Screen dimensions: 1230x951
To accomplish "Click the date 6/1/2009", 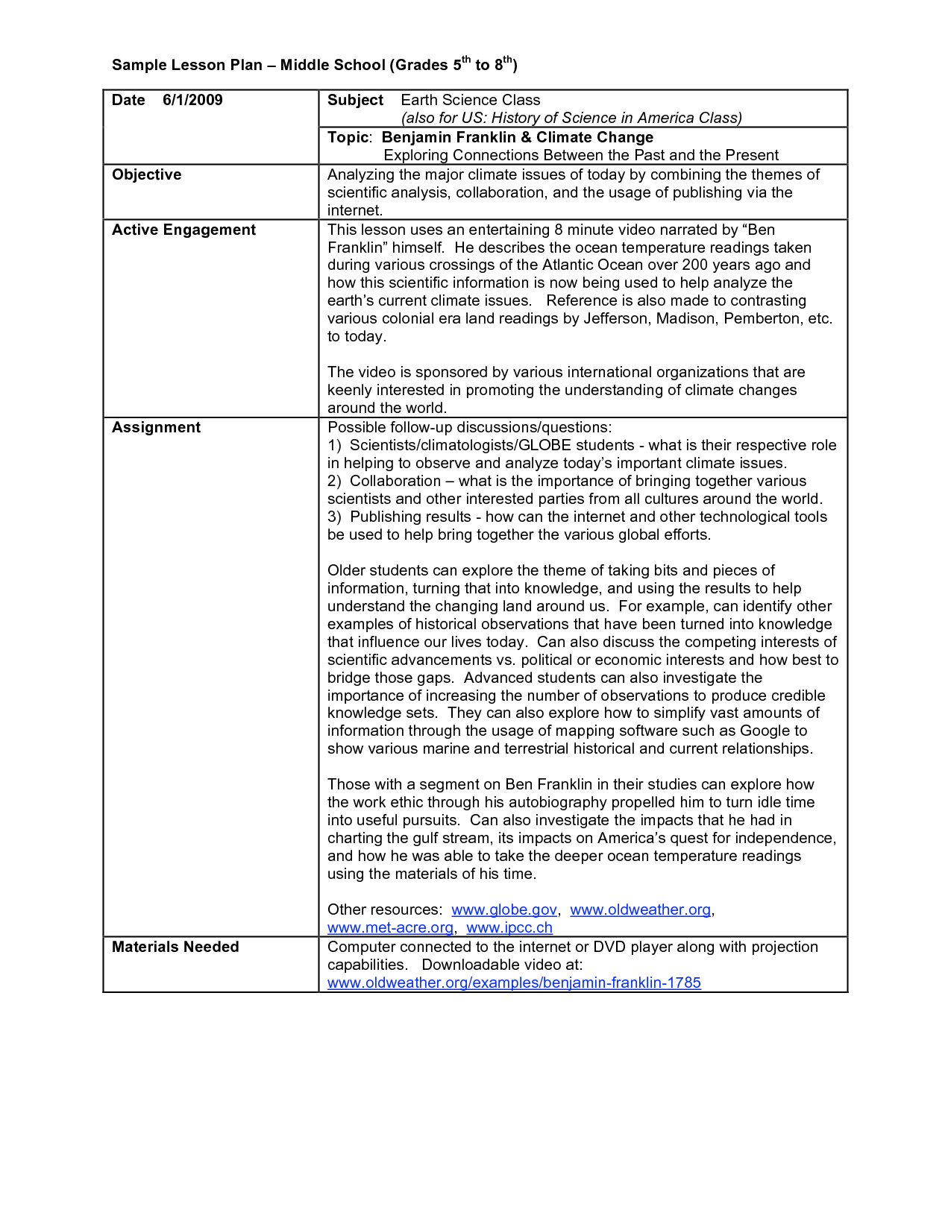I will point(192,101).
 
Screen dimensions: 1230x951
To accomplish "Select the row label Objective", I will point(147,175).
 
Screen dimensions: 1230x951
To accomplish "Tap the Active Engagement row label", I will point(183,230).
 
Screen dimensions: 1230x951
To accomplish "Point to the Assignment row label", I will point(156,428).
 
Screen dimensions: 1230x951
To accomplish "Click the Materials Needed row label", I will point(175,947).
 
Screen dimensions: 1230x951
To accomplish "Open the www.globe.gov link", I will point(504,910).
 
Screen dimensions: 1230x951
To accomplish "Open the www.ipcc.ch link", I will point(509,928).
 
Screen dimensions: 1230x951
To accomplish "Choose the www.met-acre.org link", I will point(390,928).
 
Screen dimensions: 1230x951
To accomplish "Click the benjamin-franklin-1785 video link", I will point(514,983).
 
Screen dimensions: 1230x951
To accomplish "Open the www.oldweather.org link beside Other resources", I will point(640,910).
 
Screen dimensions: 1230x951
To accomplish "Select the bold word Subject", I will point(355,101).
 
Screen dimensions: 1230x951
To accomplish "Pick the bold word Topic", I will point(348,138).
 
